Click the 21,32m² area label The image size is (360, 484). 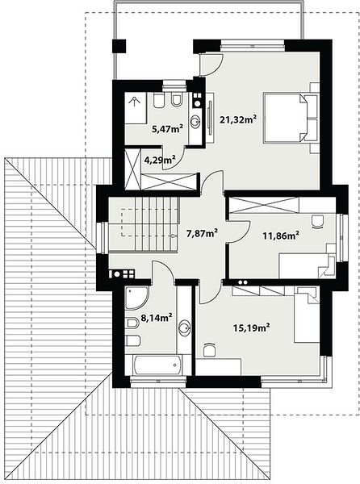[x=238, y=119]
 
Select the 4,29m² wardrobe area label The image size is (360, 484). [x=160, y=160]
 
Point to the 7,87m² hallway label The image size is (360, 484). [x=203, y=233]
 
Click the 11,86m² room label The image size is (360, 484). [x=281, y=236]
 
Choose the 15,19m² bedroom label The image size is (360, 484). [x=252, y=328]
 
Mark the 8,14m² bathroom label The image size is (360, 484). [x=157, y=317]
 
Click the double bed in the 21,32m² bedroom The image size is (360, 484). [x=291, y=119]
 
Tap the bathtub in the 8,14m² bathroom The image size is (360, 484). [x=157, y=365]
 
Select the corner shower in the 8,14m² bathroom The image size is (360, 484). [x=136, y=297]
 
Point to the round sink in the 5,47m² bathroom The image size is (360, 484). [x=195, y=122]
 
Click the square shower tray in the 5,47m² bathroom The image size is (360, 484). [x=136, y=108]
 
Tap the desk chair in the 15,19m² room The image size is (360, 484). [x=210, y=350]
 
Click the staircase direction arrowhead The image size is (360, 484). [x=174, y=236]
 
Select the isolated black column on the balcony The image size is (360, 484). [x=119, y=46]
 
